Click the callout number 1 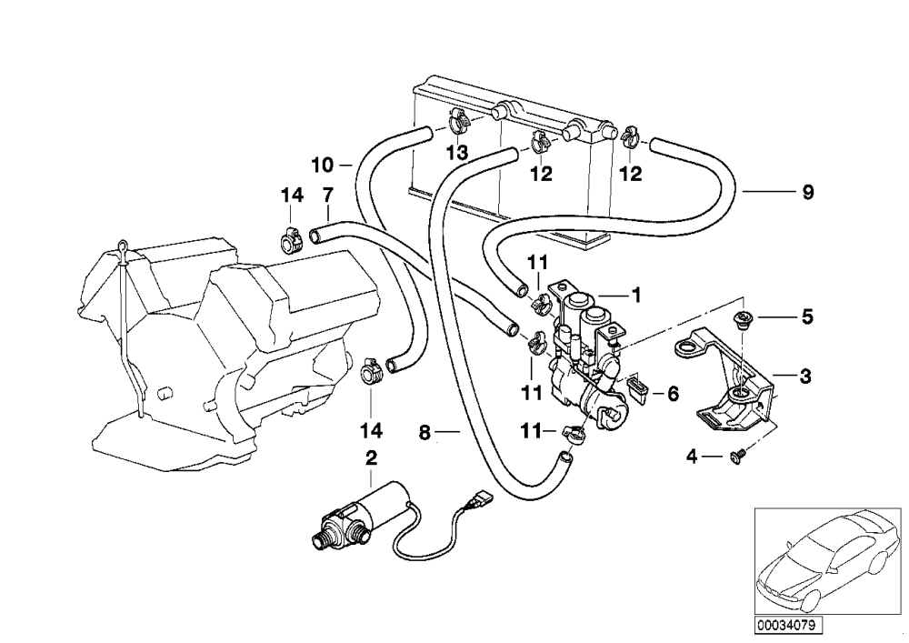coord(636,296)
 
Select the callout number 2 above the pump coord(371,458)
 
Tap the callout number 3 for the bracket coord(805,377)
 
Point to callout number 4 coord(692,457)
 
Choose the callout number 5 coord(807,317)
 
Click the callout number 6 coord(673,395)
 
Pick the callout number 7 coord(327,196)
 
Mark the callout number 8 coord(425,433)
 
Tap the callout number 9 coord(807,192)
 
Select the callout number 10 coord(323,166)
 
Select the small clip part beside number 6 coord(638,389)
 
